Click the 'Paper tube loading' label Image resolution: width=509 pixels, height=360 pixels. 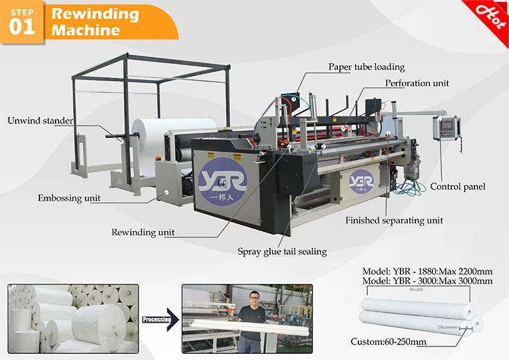(x=366, y=67)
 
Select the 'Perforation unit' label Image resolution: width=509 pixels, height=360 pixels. (x=417, y=84)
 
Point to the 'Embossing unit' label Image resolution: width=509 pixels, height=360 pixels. (x=69, y=198)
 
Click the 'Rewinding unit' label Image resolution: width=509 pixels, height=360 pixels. (x=143, y=232)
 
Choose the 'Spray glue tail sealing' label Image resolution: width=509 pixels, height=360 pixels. (x=282, y=251)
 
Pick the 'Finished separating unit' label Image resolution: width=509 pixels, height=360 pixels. (x=394, y=221)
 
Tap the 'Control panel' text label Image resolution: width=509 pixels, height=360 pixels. (x=457, y=186)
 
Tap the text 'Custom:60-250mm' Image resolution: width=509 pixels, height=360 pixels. (x=388, y=340)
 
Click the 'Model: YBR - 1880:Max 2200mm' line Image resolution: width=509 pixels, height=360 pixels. (x=428, y=270)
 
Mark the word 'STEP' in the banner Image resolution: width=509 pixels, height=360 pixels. (x=22, y=10)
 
